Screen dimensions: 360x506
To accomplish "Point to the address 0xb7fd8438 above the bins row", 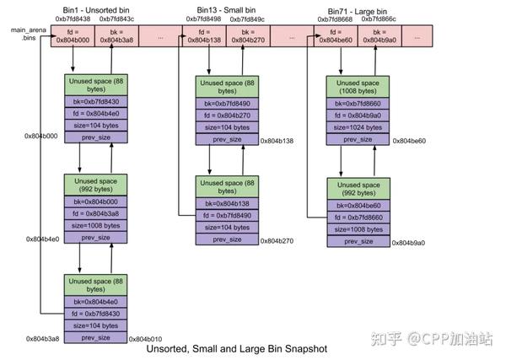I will tap(72, 17).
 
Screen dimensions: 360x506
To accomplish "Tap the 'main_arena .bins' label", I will tap(23, 34).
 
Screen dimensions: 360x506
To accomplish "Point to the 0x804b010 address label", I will tap(145, 338).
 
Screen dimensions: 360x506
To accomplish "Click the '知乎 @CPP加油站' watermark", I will tap(439, 338).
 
